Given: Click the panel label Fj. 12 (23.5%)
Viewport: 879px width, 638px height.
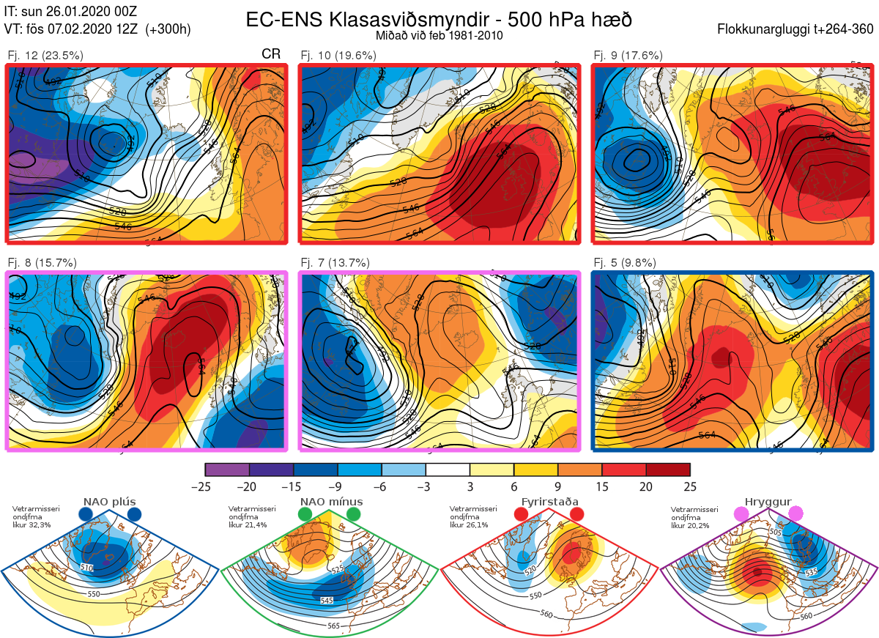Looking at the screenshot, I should (x=45, y=55).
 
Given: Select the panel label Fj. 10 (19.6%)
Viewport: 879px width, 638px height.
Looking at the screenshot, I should (x=338, y=55).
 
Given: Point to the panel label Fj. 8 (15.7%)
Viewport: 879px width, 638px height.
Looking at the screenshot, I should (x=42, y=263).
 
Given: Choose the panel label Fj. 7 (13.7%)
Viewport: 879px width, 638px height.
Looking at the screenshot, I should (x=335, y=263).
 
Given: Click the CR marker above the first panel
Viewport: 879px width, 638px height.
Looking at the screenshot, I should (x=271, y=54).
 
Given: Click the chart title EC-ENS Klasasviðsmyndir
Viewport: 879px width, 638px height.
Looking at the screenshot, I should (x=439, y=19).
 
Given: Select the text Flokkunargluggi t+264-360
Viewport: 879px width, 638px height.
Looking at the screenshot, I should (x=798, y=30).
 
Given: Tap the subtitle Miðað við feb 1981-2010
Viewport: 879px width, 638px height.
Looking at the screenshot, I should (x=439, y=35).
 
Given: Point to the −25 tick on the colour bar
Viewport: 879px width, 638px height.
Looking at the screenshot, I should (x=205, y=486).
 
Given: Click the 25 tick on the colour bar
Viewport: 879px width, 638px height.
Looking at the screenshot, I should (x=690, y=486).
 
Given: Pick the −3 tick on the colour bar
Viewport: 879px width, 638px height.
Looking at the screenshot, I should (x=426, y=486).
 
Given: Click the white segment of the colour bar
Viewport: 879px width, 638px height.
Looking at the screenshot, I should (x=448, y=470).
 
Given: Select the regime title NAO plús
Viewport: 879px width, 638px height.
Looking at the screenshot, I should (x=110, y=502).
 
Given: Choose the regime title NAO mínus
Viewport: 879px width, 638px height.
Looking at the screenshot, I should (x=331, y=502).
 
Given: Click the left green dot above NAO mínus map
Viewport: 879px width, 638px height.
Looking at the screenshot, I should (x=305, y=515).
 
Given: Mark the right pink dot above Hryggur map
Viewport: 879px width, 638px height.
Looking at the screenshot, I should (x=795, y=515).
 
